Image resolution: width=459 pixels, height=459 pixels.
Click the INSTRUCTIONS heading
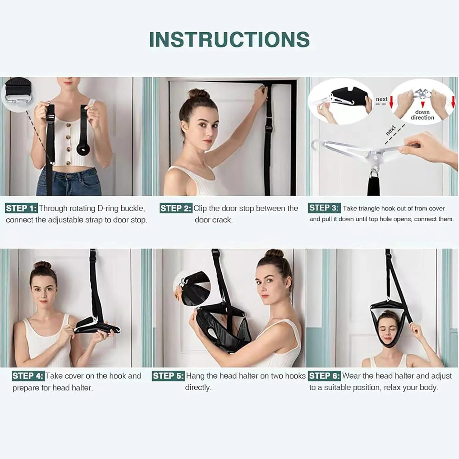pyautogui.click(x=229, y=39)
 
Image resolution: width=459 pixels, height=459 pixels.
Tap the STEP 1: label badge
pyautogui.click(x=21, y=208)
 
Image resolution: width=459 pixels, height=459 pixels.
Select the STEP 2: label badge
pyautogui.click(x=176, y=208)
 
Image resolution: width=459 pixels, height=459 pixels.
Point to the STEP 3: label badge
pyautogui.click(x=324, y=208)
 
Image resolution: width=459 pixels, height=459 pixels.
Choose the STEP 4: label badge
pyautogui.click(x=28, y=376)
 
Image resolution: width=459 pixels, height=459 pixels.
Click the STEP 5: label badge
pyautogui.click(x=168, y=376)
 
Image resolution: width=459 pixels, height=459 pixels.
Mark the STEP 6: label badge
pyautogui.click(x=324, y=376)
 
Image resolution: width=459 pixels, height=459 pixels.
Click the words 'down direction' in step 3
pyautogui.click(x=422, y=115)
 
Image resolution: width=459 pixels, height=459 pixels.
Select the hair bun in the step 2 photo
pyautogui.click(x=194, y=94)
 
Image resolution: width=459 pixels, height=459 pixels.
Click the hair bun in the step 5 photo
pyautogui.click(x=274, y=253)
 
